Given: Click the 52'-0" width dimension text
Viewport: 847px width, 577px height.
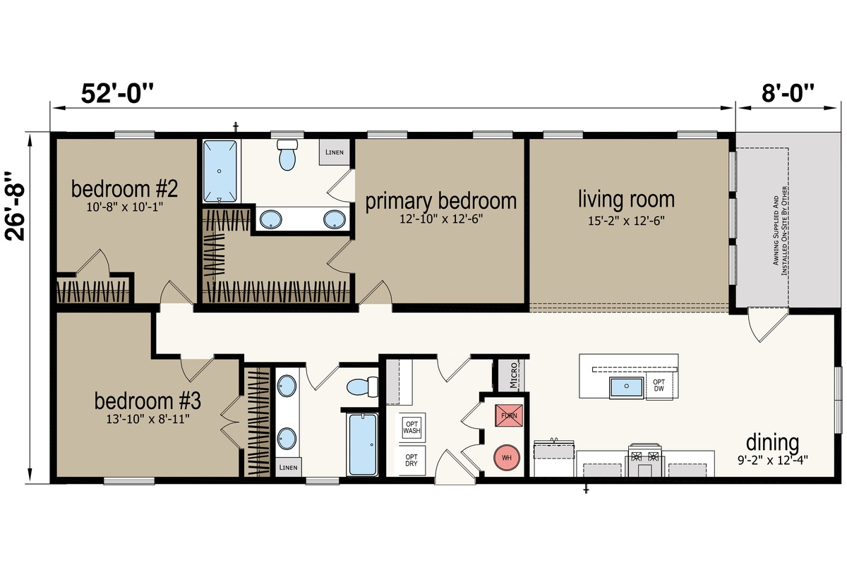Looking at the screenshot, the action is click(118, 93).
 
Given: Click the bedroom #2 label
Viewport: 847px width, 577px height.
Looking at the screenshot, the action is click(124, 188).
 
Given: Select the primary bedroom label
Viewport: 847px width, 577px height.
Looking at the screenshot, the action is click(441, 200).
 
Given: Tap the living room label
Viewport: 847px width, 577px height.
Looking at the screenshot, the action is click(627, 199).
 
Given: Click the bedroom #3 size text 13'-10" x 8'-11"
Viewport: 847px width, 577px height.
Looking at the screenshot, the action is click(148, 419).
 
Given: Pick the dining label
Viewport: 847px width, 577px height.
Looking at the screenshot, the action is click(772, 442).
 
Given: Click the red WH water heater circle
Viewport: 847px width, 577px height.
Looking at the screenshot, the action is click(507, 458).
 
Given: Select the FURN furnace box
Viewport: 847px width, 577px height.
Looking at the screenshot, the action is click(509, 415).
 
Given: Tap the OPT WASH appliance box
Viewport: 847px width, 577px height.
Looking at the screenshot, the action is click(412, 427).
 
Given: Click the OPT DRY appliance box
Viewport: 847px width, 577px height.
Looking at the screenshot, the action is click(412, 460).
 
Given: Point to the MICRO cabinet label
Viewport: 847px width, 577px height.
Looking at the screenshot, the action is click(513, 375).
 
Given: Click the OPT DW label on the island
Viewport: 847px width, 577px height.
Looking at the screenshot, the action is click(659, 385).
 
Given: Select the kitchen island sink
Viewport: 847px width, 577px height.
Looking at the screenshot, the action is click(626, 387).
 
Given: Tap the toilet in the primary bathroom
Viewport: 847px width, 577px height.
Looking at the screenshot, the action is click(288, 154).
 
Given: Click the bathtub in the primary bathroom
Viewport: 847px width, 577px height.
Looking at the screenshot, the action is click(220, 171).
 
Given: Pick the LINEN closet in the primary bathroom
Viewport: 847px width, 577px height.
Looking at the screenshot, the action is click(335, 152).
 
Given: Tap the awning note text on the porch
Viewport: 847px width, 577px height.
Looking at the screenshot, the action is click(780, 231).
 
